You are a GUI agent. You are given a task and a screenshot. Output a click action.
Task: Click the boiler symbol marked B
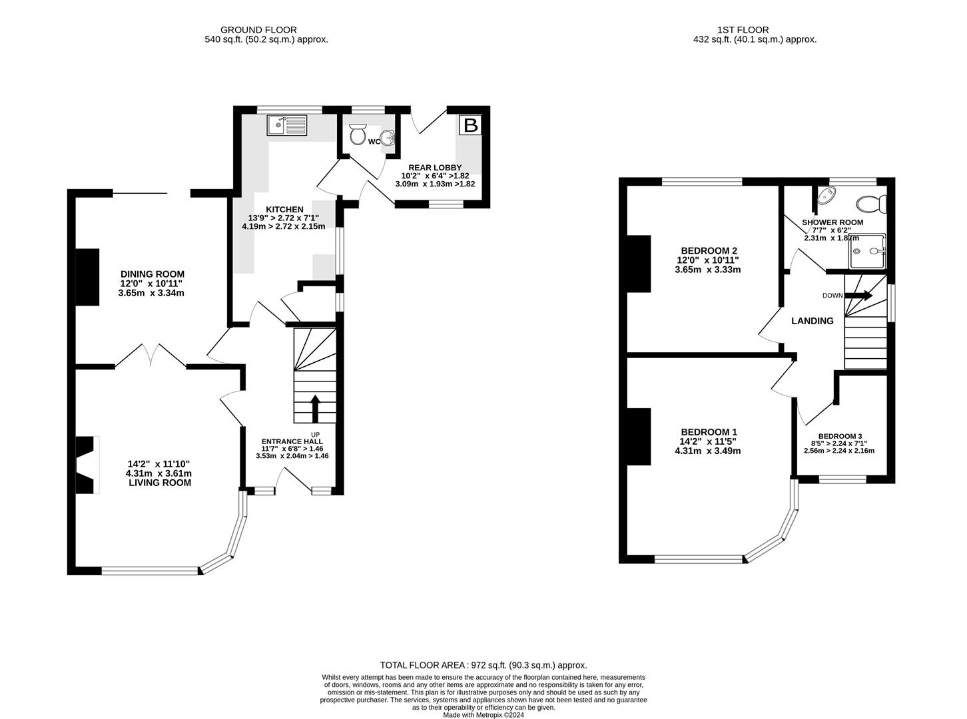tap(470, 125)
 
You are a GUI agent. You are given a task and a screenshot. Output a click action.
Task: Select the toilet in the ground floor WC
tap(358, 134)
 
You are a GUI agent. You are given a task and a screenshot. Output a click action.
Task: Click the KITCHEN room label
tap(284, 209)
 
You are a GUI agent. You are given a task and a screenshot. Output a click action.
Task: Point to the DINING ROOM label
tap(153, 274)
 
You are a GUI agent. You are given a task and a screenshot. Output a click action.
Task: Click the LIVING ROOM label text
tap(160, 482)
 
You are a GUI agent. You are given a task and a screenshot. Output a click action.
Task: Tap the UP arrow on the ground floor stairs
tap(315, 408)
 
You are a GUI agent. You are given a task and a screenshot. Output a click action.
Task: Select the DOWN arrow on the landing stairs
tap(858, 295)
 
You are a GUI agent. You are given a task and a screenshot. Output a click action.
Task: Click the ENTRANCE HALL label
tap(292, 441)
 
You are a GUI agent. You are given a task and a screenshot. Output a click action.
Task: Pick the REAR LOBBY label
tap(435, 168)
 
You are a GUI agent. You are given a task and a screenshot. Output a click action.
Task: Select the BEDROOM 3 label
tap(842, 436)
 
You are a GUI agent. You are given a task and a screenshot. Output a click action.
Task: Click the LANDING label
tap(812, 321)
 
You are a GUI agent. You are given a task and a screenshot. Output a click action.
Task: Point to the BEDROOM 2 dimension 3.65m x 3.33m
tap(707, 270)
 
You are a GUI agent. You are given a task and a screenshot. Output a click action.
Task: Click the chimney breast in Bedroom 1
tap(639, 436)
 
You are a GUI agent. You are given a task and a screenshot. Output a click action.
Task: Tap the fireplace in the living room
tap(87, 465)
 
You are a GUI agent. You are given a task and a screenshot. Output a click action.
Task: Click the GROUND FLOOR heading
tap(258, 30)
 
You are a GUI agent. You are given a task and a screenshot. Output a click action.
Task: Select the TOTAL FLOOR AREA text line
tap(483, 665)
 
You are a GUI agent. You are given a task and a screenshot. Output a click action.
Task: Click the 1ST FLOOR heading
tap(743, 30)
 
